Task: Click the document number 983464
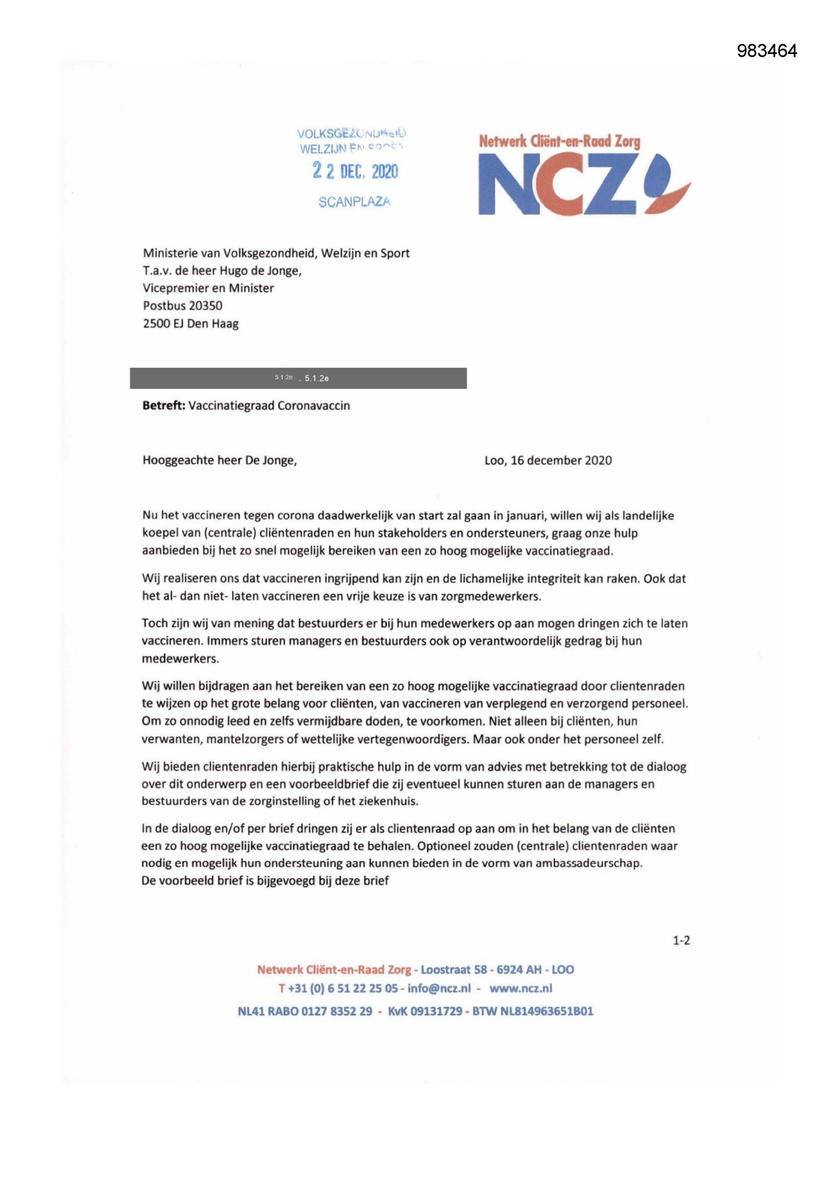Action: pyautogui.click(x=766, y=51)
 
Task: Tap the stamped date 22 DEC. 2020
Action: pyautogui.click(x=355, y=171)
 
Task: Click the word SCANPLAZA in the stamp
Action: pyautogui.click(x=355, y=202)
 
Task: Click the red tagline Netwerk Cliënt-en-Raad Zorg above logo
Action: pyautogui.click(x=559, y=141)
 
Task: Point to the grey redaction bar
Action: pyautogui.click(x=298, y=378)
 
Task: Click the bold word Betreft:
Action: pyautogui.click(x=163, y=406)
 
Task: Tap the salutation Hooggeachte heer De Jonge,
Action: pyautogui.click(x=219, y=460)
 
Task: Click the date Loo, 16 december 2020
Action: pyautogui.click(x=548, y=460)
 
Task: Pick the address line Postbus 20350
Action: pyautogui.click(x=182, y=306)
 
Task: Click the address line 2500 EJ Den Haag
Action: pyautogui.click(x=190, y=323)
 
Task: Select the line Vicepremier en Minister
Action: pyautogui.click(x=208, y=288)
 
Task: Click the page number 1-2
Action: pyautogui.click(x=681, y=940)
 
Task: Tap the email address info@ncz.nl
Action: pyautogui.click(x=439, y=988)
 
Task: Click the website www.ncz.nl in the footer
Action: pyautogui.click(x=521, y=988)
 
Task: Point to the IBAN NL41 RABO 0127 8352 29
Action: pyautogui.click(x=305, y=1011)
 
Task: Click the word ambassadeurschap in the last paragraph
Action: pyautogui.click(x=587, y=863)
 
